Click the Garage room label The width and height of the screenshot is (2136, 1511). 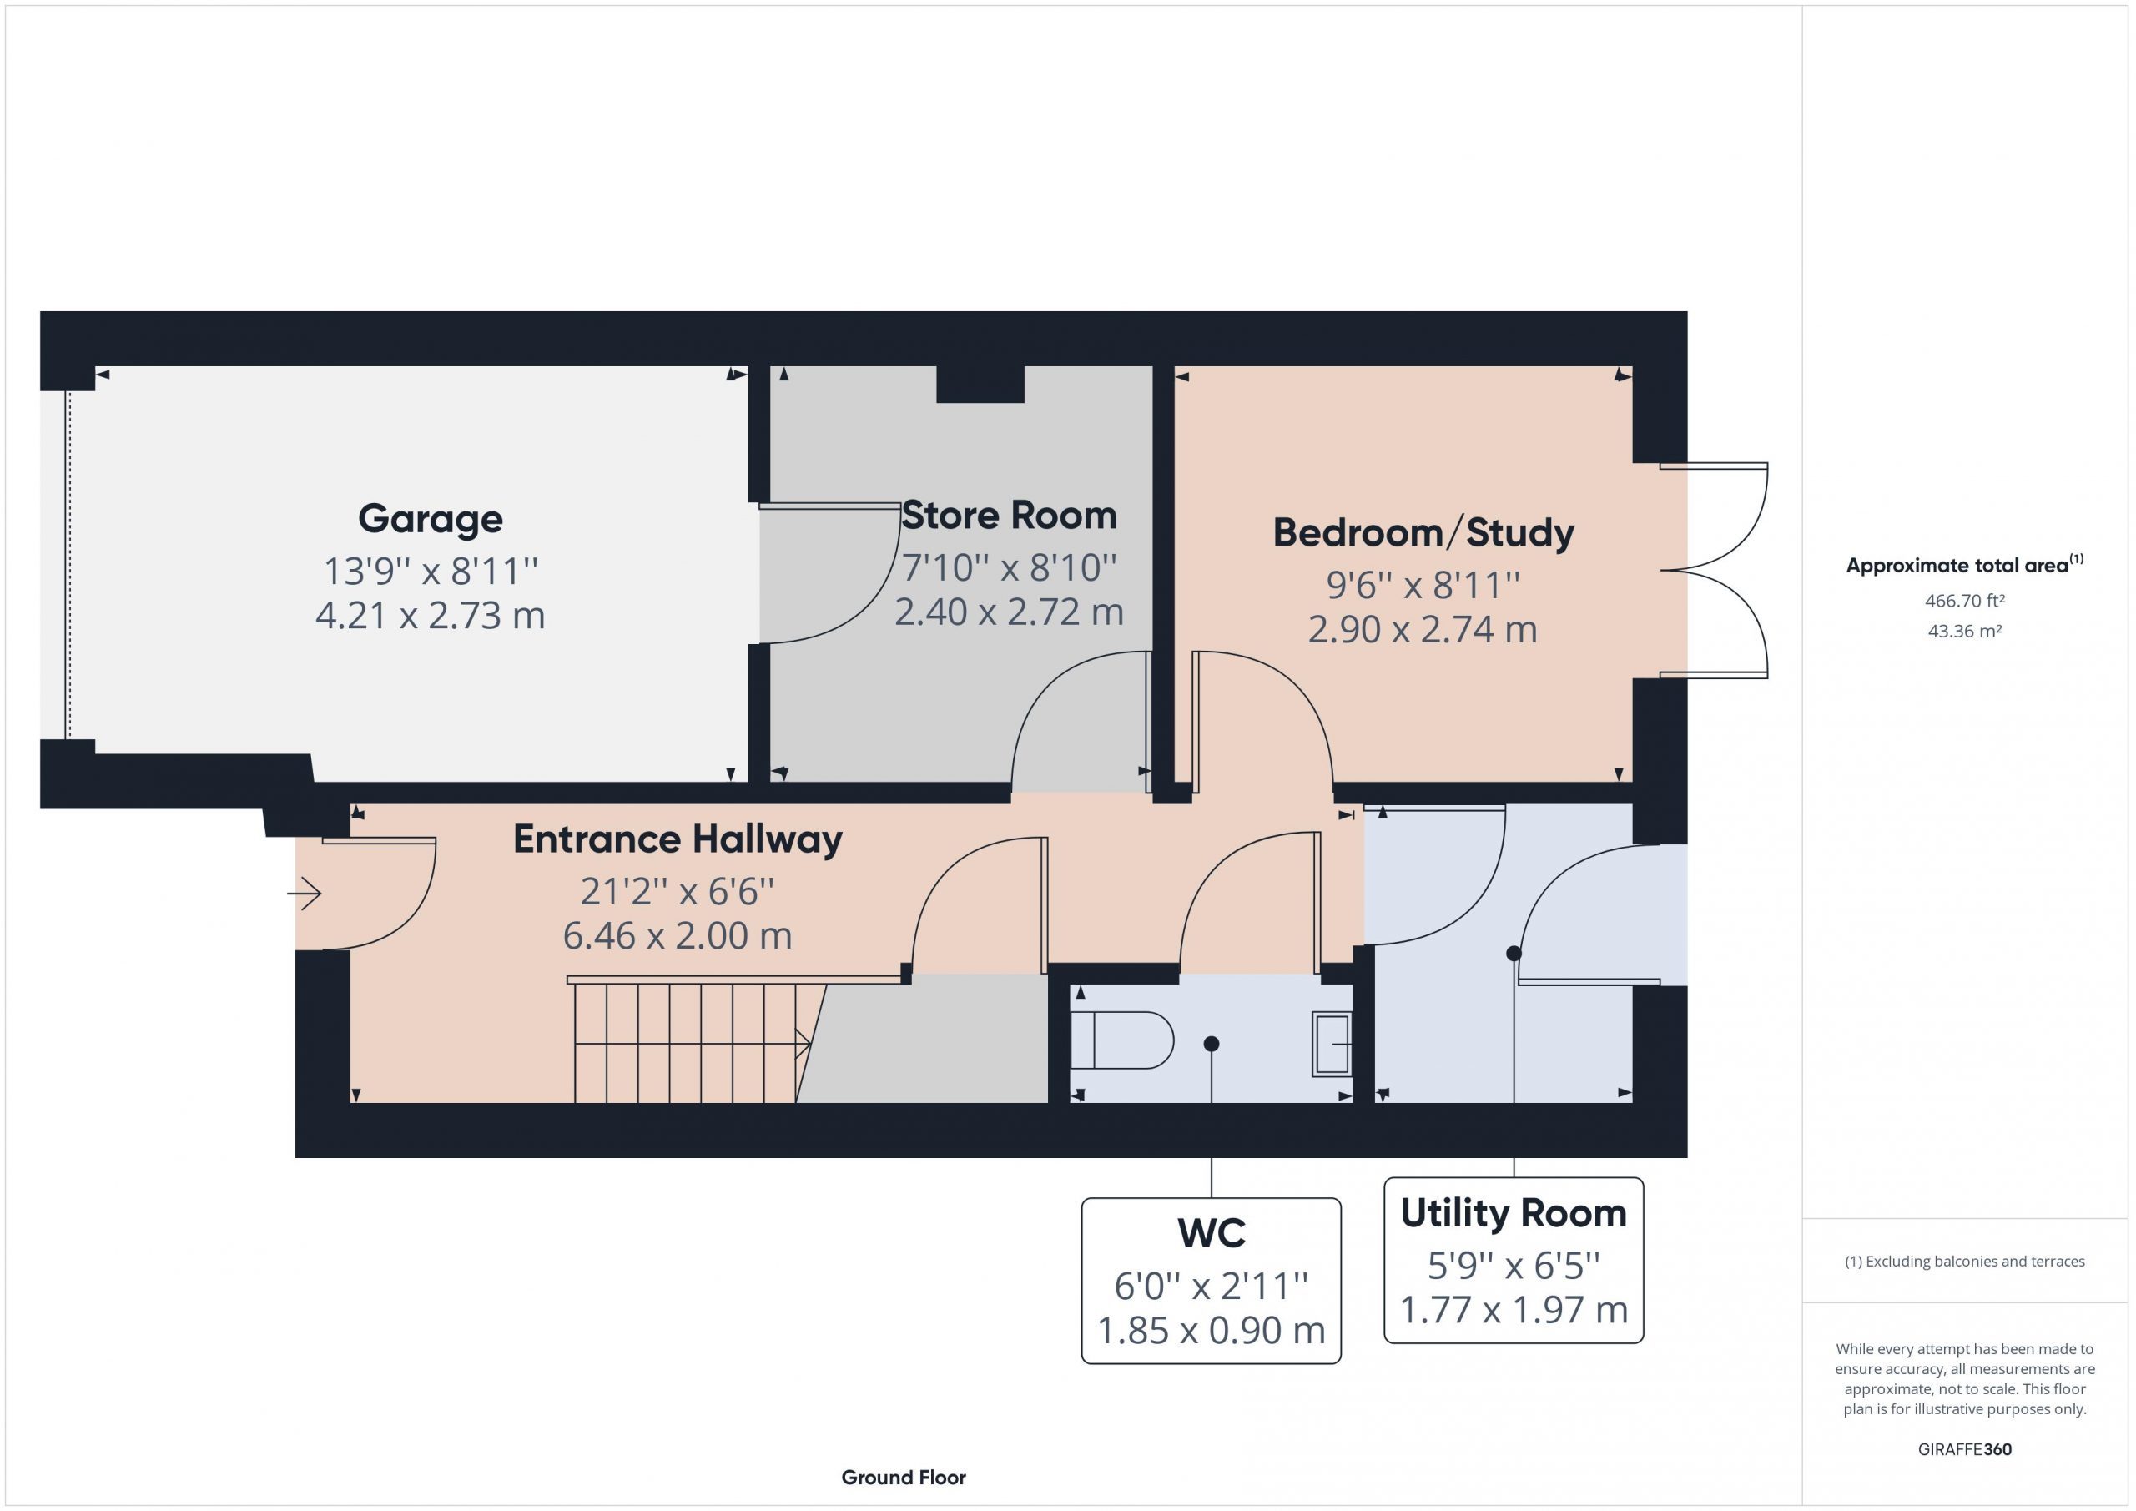pos(430,519)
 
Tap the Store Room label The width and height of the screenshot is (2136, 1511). pos(1010,516)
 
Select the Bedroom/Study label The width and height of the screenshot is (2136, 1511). pos(1423,533)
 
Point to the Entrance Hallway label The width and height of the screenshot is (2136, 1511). pos(678,839)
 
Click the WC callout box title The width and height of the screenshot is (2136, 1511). pos(1212,1233)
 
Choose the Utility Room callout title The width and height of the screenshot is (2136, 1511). pos(1514,1213)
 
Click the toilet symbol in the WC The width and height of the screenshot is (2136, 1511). pos(1122,1040)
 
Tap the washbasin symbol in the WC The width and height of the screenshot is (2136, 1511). pos(1332,1044)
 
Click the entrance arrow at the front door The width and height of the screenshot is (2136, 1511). pos(305,894)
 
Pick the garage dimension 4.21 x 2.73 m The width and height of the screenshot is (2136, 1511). pos(430,616)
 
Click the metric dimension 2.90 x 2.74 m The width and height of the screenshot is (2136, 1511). pos(1423,630)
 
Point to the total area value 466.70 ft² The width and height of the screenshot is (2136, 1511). pos(1965,601)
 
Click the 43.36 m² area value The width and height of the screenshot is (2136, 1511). pos(1965,631)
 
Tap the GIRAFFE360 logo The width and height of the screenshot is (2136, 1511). pos(1965,1448)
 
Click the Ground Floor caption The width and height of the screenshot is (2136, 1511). pos(904,1478)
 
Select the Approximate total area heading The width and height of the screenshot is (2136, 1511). pos(1965,564)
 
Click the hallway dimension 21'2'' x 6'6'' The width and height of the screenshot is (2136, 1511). pos(678,891)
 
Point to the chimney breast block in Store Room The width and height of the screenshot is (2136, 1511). pos(980,385)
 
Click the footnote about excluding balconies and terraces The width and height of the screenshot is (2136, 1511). pos(1965,1262)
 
